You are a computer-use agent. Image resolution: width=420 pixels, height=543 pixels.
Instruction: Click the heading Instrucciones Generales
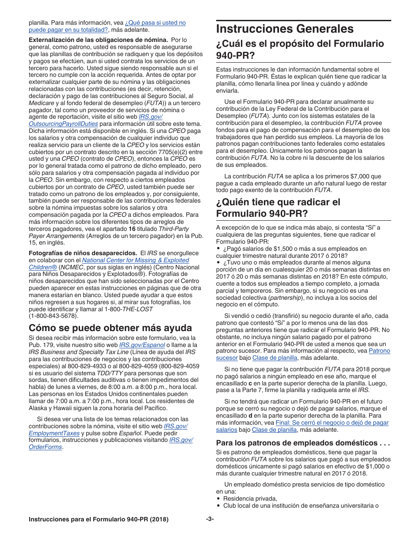coord(285,29)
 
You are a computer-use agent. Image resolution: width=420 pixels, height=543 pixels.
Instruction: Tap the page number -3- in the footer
coord(210,519)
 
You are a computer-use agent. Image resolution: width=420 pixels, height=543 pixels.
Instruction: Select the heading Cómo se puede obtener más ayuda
coord(110,328)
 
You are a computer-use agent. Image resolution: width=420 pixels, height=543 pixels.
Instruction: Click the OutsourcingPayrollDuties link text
coord(57,124)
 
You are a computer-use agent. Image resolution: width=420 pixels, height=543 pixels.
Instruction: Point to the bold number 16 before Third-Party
coord(132,229)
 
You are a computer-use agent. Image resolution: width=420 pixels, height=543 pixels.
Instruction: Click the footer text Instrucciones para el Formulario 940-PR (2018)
coord(98,520)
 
